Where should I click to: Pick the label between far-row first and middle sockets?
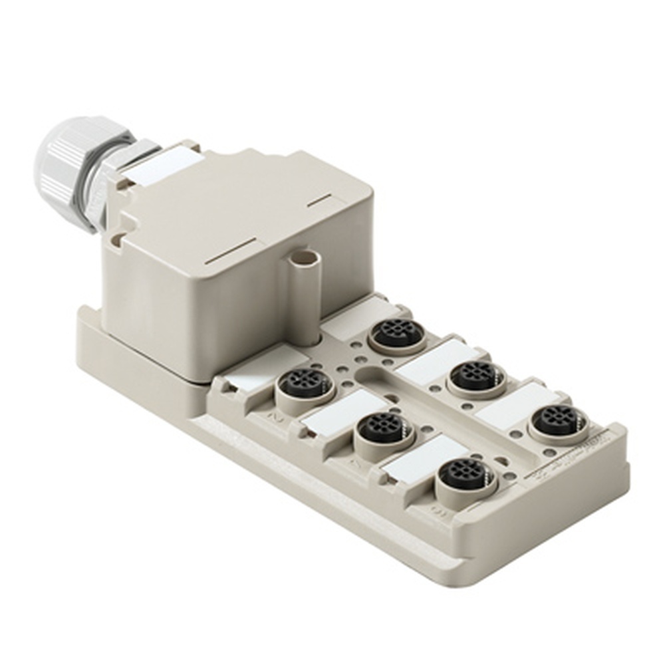tap(436, 358)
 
